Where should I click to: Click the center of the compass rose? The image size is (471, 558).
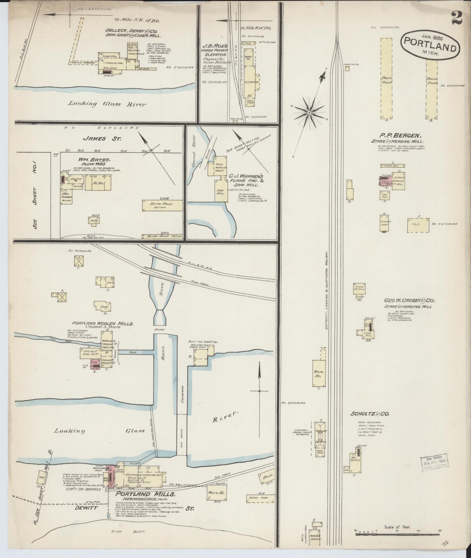click(309, 112)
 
